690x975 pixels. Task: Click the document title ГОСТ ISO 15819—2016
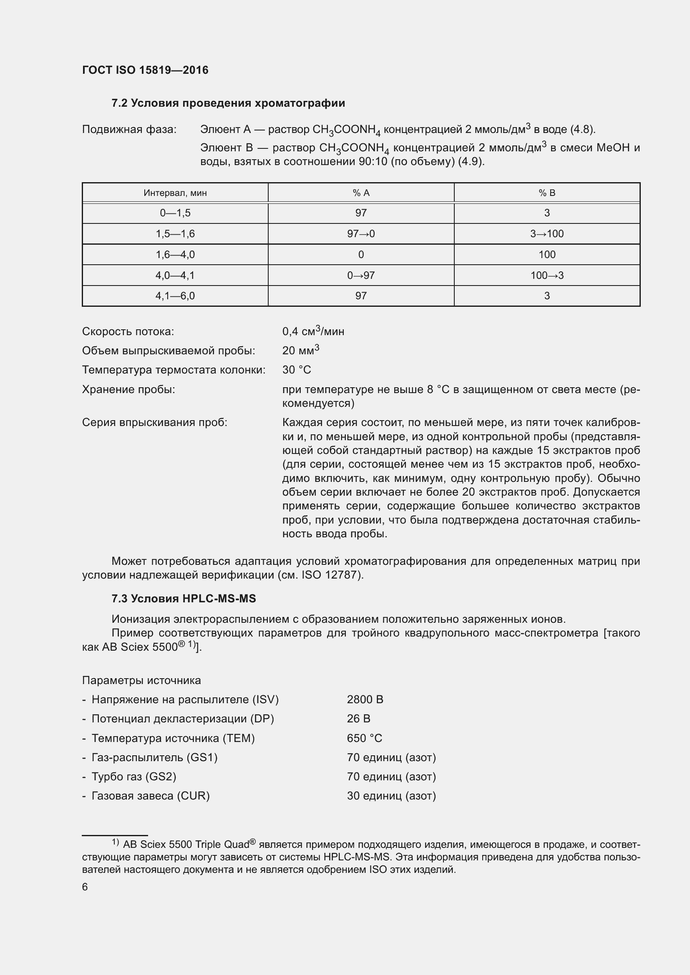[x=145, y=70]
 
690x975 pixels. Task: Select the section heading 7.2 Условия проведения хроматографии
[x=228, y=103]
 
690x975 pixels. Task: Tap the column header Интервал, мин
[x=175, y=193]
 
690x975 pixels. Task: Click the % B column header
[x=547, y=193]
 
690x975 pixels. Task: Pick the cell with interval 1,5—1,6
[x=175, y=233]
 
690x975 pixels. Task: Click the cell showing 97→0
[x=361, y=233]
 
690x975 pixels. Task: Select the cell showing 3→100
[x=547, y=233]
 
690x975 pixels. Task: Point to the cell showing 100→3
[x=547, y=275]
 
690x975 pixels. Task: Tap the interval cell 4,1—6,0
[x=175, y=296]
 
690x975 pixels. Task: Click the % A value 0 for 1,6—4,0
[x=361, y=254]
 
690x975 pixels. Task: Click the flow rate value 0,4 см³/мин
[x=313, y=331]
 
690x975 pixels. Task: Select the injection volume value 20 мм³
[x=300, y=350]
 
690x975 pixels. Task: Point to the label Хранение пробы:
[x=128, y=389]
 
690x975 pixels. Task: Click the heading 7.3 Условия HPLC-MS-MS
[x=184, y=598]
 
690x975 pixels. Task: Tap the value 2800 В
[x=365, y=699]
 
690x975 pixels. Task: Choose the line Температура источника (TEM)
[x=173, y=738]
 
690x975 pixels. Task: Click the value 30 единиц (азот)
[x=391, y=795]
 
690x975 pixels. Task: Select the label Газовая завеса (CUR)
[x=151, y=795]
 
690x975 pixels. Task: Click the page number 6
[x=85, y=887]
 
